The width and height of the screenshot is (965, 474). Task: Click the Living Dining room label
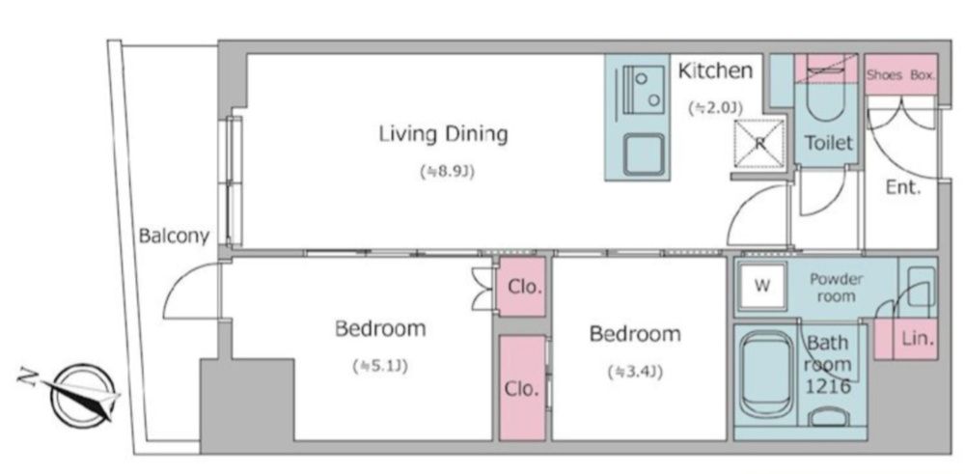pyautogui.click(x=443, y=134)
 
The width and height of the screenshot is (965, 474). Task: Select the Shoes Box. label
pyautogui.click(x=901, y=75)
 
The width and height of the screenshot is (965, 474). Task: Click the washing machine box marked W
pyautogui.click(x=763, y=286)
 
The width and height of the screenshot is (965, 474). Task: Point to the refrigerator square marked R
pyautogui.click(x=759, y=144)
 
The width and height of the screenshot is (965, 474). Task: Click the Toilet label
pyautogui.click(x=829, y=143)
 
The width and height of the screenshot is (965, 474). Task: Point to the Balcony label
pyautogui.click(x=174, y=236)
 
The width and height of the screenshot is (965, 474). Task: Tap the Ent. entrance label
pyautogui.click(x=903, y=187)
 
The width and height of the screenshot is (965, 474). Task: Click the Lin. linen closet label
pyautogui.click(x=919, y=338)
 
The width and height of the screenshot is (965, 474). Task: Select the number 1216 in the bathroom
pyautogui.click(x=829, y=387)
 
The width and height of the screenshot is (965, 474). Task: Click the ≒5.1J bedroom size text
pyautogui.click(x=380, y=367)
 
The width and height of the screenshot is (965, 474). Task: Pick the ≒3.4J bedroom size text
pyautogui.click(x=635, y=372)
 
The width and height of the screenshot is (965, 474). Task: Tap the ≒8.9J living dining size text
pyautogui.click(x=447, y=173)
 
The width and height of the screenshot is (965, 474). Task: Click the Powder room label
pyautogui.click(x=836, y=288)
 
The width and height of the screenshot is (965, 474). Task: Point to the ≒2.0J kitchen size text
pyautogui.click(x=715, y=107)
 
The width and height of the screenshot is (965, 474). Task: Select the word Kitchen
pyautogui.click(x=715, y=70)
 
